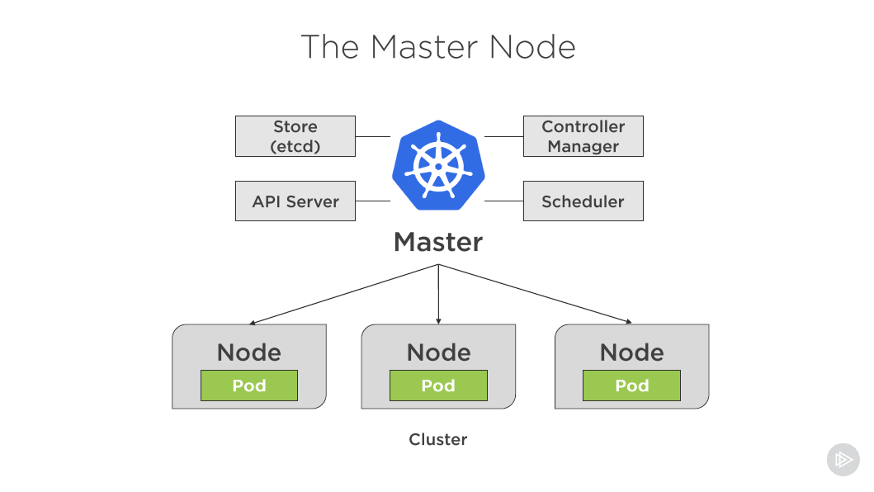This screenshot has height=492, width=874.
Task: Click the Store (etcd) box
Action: (x=295, y=136)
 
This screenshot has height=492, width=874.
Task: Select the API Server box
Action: (x=295, y=201)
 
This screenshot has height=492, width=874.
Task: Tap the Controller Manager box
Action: (x=583, y=136)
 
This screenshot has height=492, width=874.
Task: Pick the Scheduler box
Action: (x=583, y=201)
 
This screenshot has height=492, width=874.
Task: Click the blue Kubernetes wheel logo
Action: (x=438, y=165)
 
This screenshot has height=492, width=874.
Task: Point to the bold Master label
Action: (x=438, y=242)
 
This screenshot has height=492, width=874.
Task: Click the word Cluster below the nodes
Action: (x=438, y=439)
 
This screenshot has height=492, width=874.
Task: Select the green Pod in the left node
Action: (x=249, y=386)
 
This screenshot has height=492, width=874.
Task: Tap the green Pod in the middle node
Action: (x=439, y=386)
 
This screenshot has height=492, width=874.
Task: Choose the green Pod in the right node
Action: (x=631, y=386)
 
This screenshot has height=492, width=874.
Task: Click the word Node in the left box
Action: (x=249, y=352)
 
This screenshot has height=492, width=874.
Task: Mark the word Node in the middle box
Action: (x=439, y=352)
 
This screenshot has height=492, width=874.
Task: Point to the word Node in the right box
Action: (x=631, y=352)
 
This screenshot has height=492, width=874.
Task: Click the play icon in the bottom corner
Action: (x=843, y=460)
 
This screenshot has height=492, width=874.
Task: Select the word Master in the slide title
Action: (x=424, y=47)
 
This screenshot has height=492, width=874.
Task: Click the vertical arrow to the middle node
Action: (x=439, y=294)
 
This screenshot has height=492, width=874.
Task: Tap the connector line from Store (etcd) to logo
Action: (x=373, y=136)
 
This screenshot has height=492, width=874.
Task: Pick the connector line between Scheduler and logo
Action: (x=504, y=201)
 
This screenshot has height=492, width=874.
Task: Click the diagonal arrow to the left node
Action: (x=344, y=294)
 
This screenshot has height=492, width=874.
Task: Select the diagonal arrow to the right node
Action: (x=535, y=294)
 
